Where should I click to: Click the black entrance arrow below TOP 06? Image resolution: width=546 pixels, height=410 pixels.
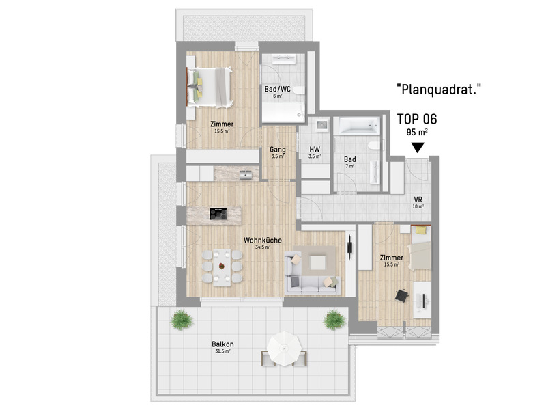[x=418, y=148]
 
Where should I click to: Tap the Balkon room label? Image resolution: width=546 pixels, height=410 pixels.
[x=222, y=344]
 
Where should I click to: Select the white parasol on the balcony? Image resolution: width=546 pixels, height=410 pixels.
[x=285, y=348]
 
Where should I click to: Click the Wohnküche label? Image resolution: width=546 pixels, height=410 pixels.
[x=263, y=241]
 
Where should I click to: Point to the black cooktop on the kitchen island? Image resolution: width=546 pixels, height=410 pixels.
[x=218, y=214]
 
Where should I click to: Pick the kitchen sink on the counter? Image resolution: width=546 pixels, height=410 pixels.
[x=246, y=174]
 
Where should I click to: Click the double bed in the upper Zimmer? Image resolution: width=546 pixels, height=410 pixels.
[x=210, y=87]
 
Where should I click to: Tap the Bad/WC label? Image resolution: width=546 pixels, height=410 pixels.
[x=277, y=89]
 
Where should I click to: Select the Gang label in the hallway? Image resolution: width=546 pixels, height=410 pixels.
[x=278, y=150]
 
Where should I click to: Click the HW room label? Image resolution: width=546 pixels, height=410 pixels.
[x=315, y=149]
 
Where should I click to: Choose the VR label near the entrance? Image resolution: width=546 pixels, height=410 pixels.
[x=418, y=200]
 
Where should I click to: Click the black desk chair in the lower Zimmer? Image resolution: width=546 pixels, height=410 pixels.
[x=401, y=296]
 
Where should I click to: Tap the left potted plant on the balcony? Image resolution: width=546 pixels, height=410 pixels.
[x=182, y=319]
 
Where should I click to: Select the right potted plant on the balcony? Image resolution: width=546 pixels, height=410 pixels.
[x=334, y=319]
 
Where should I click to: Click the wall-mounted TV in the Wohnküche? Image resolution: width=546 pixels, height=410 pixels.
[x=350, y=247]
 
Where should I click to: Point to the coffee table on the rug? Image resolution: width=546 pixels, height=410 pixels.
[x=317, y=263]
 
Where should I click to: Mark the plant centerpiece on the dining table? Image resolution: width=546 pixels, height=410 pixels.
[x=221, y=266]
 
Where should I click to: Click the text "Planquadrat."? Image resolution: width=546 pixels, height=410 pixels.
[x=439, y=90]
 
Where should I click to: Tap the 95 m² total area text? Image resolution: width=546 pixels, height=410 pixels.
[x=417, y=133]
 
